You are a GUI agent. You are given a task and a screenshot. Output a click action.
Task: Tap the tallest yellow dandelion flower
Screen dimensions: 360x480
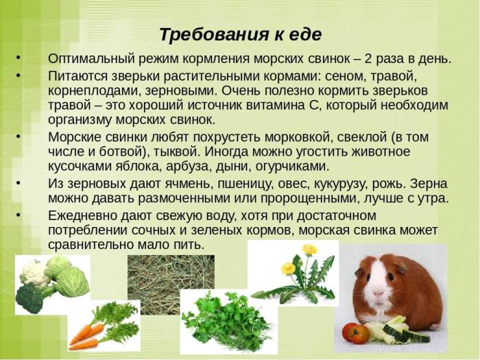310,249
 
